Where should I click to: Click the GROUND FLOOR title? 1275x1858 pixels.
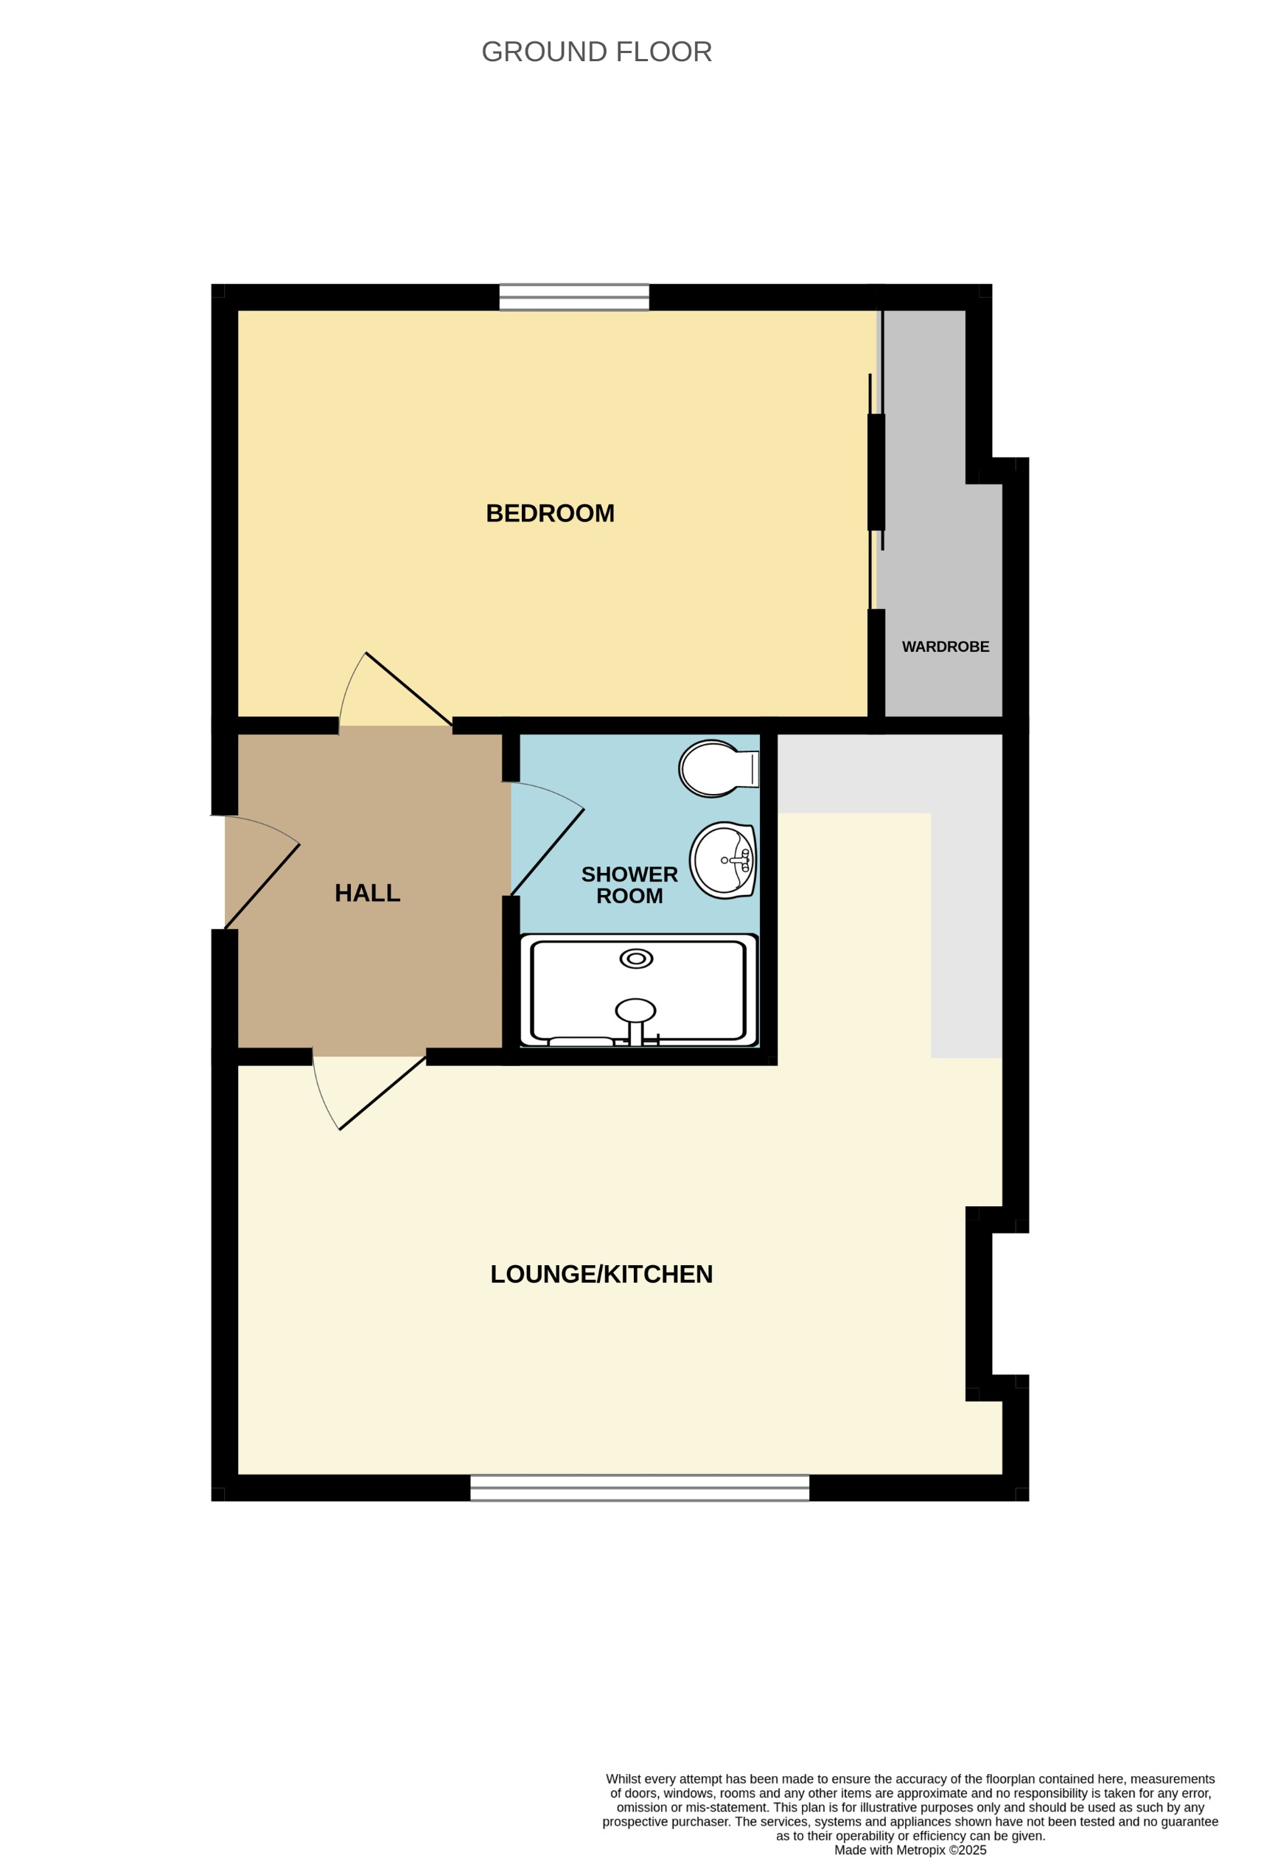click(x=596, y=52)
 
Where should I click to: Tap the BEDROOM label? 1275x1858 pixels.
click(x=550, y=513)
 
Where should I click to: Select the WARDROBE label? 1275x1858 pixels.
click(x=945, y=647)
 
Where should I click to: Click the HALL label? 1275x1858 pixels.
click(x=367, y=893)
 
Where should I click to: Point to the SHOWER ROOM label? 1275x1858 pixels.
click(x=629, y=885)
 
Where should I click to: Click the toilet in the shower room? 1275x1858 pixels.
click(x=716, y=768)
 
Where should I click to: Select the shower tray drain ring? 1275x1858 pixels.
click(x=636, y=958)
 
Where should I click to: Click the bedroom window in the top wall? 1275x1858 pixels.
click(x=574, y=296)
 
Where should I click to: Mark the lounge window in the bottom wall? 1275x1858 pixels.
click(x=640, y=1488)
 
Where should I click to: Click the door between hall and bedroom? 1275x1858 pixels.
click(x=408, y=689)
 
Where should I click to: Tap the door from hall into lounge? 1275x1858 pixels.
click(x=382, y=1093)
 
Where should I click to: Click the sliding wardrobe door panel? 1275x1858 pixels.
click(x=876, y=472)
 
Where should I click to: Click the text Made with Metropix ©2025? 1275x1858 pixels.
click(x=909, y=1850)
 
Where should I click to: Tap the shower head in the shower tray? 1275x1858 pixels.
click(x=635, y=1012)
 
